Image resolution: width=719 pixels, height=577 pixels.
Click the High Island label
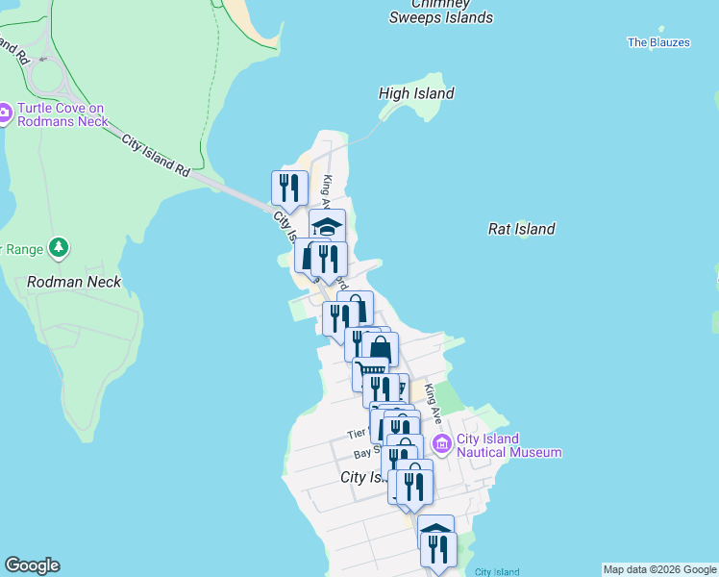pyautogui.click(x=416, y=93)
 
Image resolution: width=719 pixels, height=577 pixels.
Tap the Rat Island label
pyautogui.click(x=521, y=229)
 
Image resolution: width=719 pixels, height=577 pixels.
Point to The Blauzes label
pyautogui.click(x=658, y=42)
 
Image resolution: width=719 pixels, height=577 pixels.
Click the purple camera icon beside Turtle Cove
pyautogui.click(x=3, y=114)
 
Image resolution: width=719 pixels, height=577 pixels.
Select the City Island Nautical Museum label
pyautogui.click(x=509, y=445)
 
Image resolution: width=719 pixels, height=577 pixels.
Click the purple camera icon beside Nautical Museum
pyautogui.click(x=442, y=443)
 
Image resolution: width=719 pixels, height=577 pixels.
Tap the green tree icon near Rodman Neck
pyautogui.click(x=60, y=248)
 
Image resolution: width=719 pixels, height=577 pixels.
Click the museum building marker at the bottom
pyautogui.click(x=435, y=529)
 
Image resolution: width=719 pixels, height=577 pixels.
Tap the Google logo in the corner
pyautogui.click(x=32, y=565)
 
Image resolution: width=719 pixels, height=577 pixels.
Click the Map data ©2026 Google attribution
pyautogui.click(x=659, y=569)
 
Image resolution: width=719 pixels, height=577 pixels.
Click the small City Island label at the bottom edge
pyautogui.click(x=497, y=572)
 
